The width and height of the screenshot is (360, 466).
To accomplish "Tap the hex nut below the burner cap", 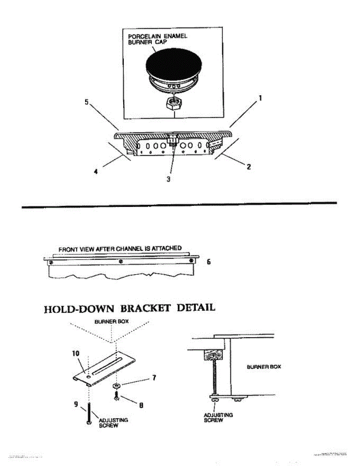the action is [174, 104].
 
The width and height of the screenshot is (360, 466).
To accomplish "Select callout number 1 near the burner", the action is [260, 99].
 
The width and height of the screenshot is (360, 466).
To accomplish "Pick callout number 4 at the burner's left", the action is [96, 171].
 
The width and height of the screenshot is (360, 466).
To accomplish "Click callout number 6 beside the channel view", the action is [209, 262].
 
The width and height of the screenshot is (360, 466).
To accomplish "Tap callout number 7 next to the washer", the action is [154, 377].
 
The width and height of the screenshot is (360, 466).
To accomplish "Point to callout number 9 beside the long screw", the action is [77, 403].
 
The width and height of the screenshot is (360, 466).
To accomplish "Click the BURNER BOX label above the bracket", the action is [112, 322].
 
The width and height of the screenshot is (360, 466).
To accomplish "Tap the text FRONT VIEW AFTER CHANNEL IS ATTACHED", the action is [120, 249].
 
